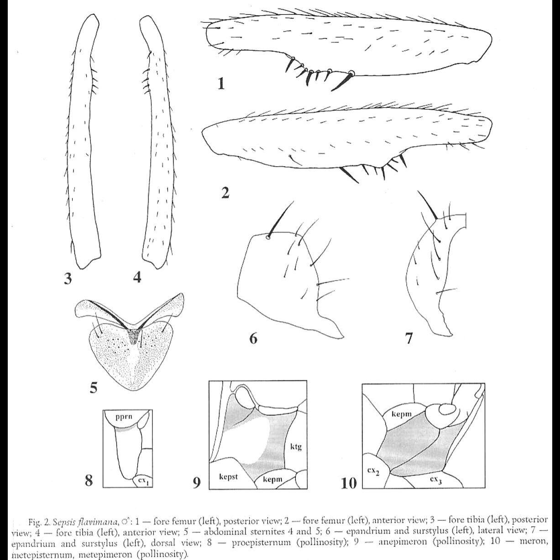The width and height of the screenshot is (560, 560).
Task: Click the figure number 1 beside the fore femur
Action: [x=221, y=84]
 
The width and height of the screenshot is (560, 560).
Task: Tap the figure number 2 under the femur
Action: [x=225, y=193]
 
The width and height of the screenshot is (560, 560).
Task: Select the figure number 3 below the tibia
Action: [x=68, y=278]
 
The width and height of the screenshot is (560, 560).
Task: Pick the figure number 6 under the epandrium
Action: [x=254, y=338]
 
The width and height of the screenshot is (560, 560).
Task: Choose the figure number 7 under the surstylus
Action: [x=409, y=338]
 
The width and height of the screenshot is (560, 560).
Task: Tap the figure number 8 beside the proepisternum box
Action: [x=90, y=481]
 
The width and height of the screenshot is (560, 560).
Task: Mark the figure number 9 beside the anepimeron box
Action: [x=196, y=482]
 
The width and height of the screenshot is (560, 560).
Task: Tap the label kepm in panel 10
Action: [x=402, y=414]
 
